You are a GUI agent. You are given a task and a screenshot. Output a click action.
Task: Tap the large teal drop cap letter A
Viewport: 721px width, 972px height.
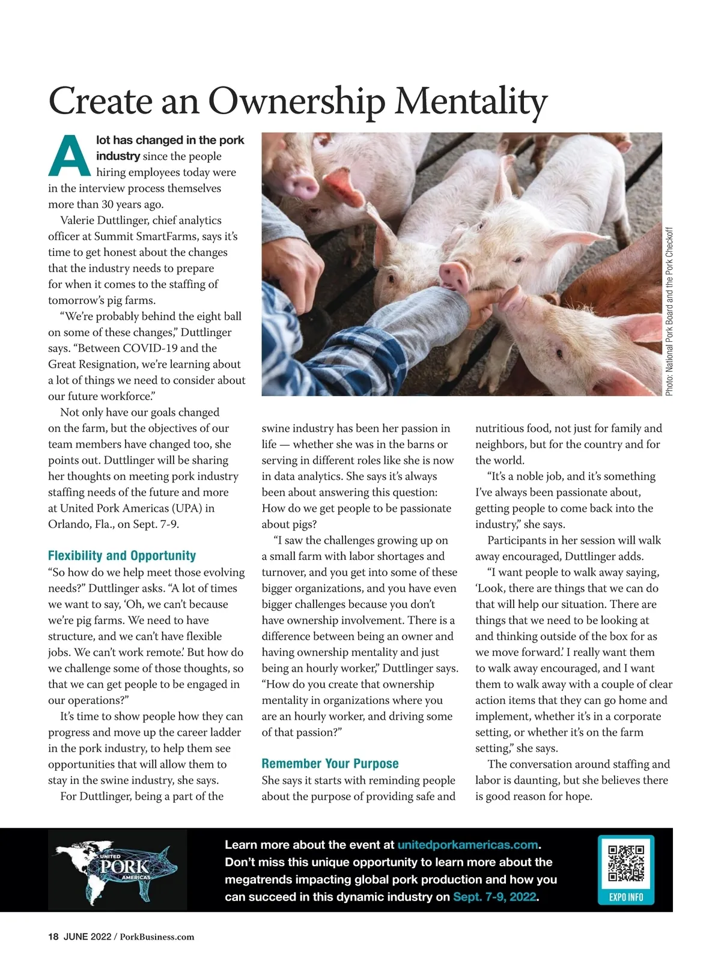(69, 156)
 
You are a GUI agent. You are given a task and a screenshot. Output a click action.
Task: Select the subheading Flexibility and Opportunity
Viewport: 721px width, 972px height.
(122, 556)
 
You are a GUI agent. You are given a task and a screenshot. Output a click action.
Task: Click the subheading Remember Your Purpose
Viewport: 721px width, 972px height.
(330, 764)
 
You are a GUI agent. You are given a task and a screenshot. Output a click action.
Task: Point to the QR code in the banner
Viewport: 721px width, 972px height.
(626, 863)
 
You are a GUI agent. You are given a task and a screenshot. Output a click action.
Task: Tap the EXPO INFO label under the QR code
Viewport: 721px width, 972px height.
(626, 898)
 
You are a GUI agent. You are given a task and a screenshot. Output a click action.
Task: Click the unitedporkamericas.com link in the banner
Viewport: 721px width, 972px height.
(467, 845)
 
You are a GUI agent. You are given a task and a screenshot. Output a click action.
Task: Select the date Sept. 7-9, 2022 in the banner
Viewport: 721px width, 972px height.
(494, 897)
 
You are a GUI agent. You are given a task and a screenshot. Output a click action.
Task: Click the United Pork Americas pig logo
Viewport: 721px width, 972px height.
(118, 869)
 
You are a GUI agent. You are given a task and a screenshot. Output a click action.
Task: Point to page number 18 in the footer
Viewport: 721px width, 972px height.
(53, 937)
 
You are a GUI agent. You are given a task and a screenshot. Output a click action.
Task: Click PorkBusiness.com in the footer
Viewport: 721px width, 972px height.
(157, 937)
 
